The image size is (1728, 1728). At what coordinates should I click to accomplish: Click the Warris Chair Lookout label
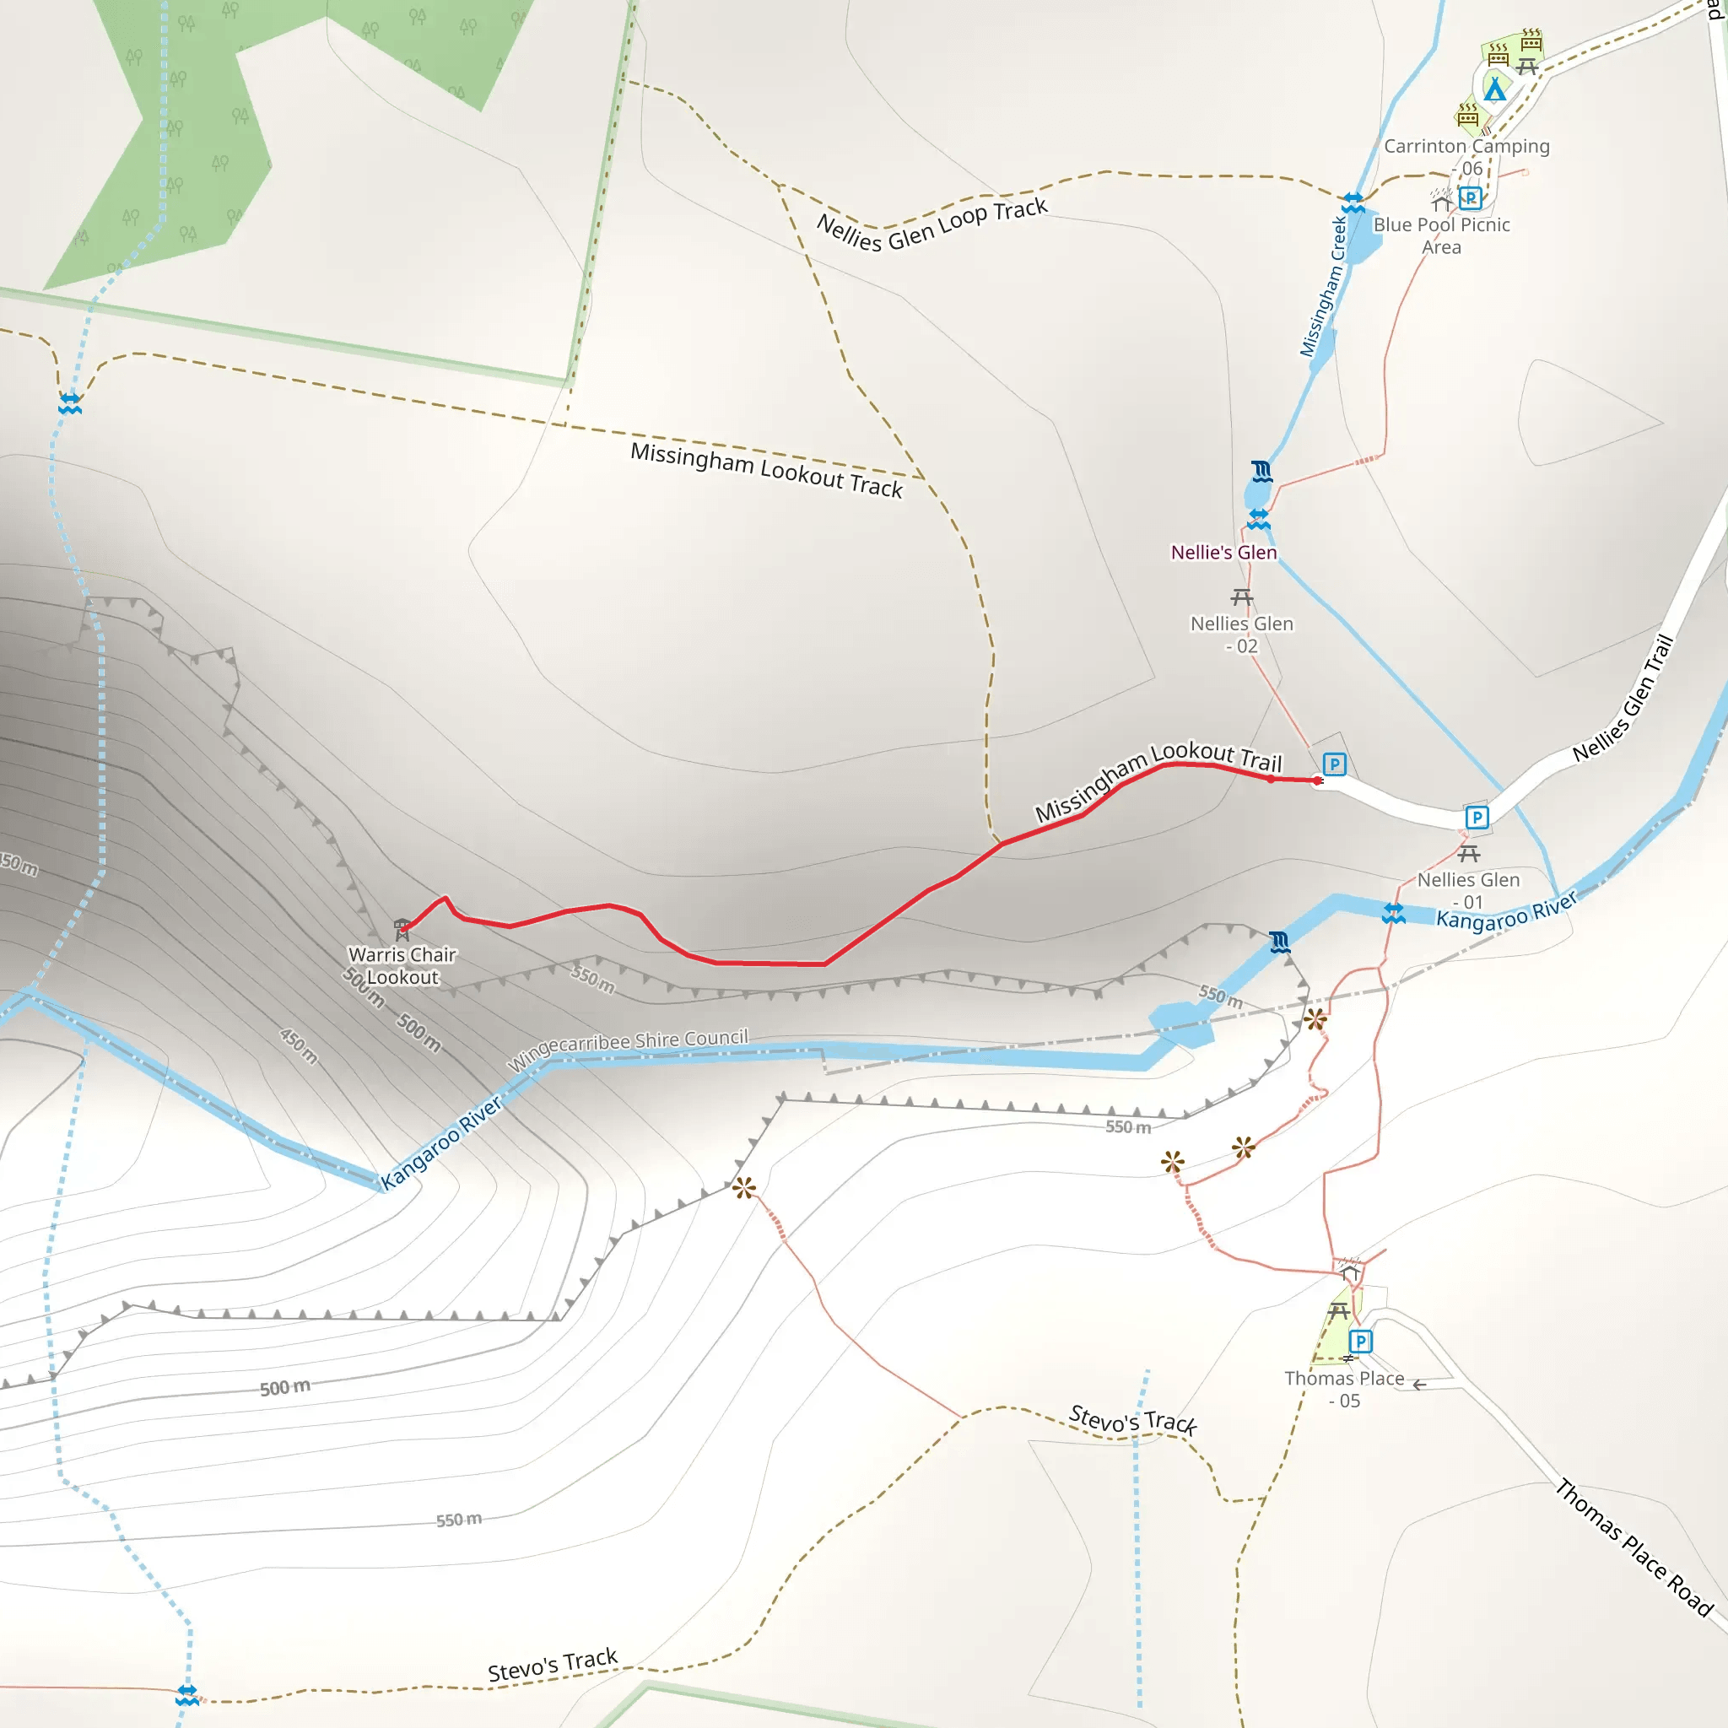pyautogui.click(x=402, y=966)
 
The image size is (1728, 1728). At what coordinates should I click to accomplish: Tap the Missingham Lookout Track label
pyautogui.click(x=766, y=471)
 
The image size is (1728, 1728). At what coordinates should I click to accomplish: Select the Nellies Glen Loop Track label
pyautogui.click(x=931, y=224)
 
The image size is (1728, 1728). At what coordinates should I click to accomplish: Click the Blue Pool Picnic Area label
pyautogui.click(x=1441, y=236)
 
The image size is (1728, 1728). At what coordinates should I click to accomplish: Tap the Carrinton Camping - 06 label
pyautogui.click(x=1466, y=157)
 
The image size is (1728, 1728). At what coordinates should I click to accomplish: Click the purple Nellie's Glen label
pyautogui.click(x=1223, y=553)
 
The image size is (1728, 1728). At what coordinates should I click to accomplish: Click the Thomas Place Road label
pyautogui.click(x=1633, y=1548)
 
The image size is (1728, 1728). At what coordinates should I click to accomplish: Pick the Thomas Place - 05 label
pyautogui.click(x=1343, y=1389)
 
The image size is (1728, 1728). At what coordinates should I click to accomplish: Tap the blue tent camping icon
pyautogui.click(x=1493, y=89)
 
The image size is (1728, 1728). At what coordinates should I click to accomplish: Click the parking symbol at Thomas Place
pyautogui.click(x=1359, y=1342)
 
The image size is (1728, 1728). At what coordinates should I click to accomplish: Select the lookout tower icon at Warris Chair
pyautogui.click(x=402, y=927)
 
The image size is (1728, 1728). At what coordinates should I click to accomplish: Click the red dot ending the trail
pyautogui.click(x=1317, y=780)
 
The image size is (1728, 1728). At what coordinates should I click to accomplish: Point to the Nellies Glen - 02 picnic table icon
pyautogui.click(x=1241, y=597)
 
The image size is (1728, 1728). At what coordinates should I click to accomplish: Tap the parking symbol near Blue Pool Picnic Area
pyautogui.click(x=1470, y=197)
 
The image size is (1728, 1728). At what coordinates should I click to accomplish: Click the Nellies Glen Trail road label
pyautogui.click(x=1623, y=699)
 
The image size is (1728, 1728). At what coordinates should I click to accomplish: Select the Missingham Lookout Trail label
pyautogui.click(x=1158, y=780)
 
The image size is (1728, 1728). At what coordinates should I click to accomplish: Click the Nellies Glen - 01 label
pyautogui.click(x=1468, y=891)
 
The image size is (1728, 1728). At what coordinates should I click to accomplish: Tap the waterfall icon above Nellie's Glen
pyautogui.click(x=1261, y=471)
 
